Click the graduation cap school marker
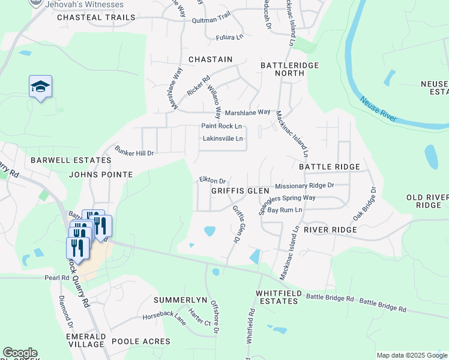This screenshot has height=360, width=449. (40, 88)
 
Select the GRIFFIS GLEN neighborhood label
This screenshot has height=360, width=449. (240, 190)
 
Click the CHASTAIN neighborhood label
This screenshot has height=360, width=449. (210, 59)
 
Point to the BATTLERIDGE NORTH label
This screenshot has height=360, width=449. (289, 69)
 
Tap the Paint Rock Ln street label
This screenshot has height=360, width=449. (221, 126)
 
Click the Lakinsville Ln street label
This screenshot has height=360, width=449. (223, 139)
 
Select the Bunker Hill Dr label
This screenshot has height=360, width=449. (134, 153)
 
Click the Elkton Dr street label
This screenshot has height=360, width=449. (212, 181)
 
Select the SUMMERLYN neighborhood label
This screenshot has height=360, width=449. (180, 299)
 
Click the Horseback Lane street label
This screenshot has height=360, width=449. (164, 316)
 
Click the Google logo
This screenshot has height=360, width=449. (20, 353)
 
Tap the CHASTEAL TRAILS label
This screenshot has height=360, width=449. (96, 17)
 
